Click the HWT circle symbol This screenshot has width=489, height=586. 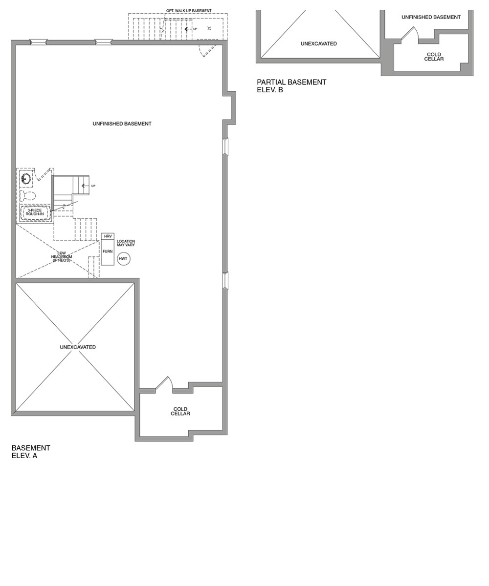click(x=124, y=259)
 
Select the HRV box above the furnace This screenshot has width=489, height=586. click(x=108, y=236)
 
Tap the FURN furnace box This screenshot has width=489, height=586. click(x=108, y=252)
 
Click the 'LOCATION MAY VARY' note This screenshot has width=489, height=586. click(x=126, y=243)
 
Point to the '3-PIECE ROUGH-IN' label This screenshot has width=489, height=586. click(x=35, y=212)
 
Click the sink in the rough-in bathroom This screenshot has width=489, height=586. click(x=26, y=179)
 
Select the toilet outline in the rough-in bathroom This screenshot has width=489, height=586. click(x=27, y=196)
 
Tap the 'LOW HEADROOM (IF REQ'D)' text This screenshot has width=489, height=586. click(x=62, y=257)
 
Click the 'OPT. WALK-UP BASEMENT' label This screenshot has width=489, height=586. click(x=189, y=11)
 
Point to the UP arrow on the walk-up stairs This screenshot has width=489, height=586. click(x=188, y=29)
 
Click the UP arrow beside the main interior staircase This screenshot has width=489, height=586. click(x=86, y=186)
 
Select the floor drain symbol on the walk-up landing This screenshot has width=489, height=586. click(x=209, y=28)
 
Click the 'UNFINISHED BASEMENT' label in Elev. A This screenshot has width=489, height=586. click(x=122, y=124)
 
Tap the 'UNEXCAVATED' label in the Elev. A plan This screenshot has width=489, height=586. click(x=78, y=347)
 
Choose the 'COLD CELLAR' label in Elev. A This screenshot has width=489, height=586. click(x=180, y=412)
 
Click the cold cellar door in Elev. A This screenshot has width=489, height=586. click(x=163, y=384)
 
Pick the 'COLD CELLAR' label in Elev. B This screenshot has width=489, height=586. click(x=434, y=57)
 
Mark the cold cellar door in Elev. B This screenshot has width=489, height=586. click(x=409, y=33)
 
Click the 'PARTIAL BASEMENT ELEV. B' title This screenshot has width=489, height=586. click(x=291, y=86)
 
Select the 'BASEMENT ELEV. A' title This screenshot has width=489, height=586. click(x=31, y=452)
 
